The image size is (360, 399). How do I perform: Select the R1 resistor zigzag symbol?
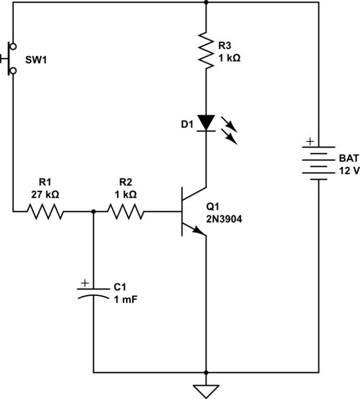[x=45, y=212]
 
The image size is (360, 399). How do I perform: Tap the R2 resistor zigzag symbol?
[x=126, y=212]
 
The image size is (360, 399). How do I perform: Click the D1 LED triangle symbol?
[x=207, y=123]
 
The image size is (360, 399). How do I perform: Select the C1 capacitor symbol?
[x=93, y=293]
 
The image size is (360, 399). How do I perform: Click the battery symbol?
[x=319, y=163]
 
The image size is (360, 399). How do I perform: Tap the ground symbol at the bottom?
[x=207, y=388]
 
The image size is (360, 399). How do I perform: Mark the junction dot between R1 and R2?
[x=93, y=212]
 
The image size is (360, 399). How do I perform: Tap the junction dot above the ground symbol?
[x=207, y=372]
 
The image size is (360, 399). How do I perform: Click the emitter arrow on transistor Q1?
[x=198, y=229]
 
